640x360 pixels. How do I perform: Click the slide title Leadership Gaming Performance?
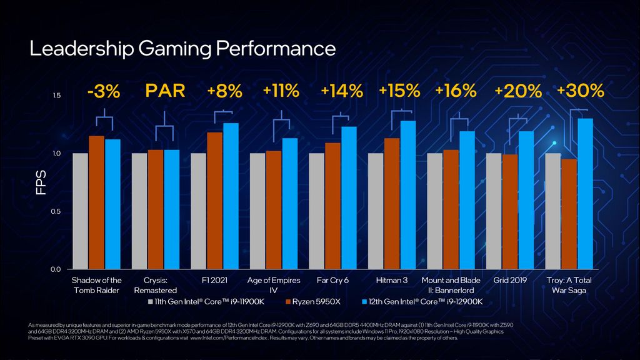coord(182,49)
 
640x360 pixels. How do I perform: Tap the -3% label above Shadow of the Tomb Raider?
coord(104,91)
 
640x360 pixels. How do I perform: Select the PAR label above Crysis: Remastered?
coord(165,91)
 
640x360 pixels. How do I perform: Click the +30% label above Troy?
coord(580,91)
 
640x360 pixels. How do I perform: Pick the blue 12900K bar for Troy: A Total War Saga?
coord(585,194)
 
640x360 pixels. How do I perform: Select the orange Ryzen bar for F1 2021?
coord(214,200)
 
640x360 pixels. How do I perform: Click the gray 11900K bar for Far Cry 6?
coord(317,211)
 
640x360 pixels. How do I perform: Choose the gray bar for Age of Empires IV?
coord(257,211)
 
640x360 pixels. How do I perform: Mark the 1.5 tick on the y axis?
coord(56,96)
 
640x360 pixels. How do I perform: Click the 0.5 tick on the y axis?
coord(56,211)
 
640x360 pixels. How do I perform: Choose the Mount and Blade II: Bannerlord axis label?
coord(451,285)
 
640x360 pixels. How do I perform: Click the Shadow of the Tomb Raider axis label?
coord(97,285)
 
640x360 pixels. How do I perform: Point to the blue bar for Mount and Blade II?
coord(467,200)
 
